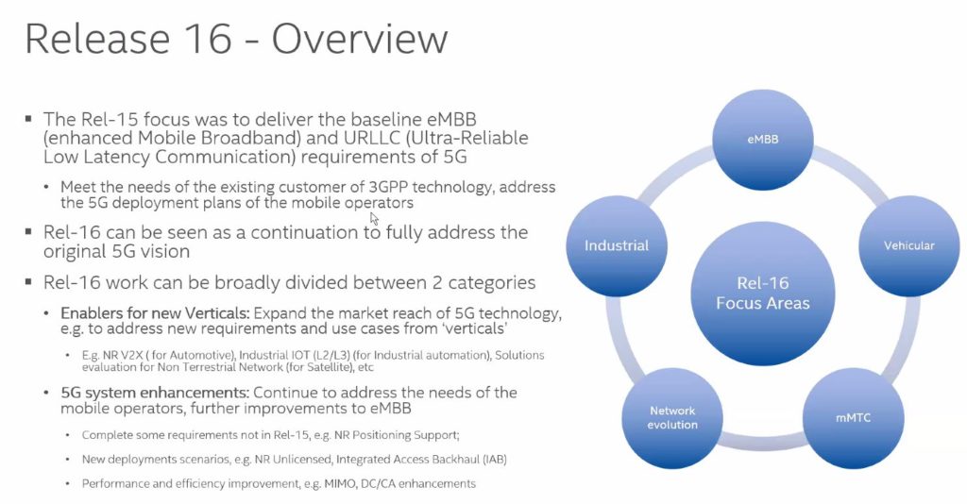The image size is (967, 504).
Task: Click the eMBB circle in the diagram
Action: click(x=763, y=140)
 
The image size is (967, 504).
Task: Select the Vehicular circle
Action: click(x=909, y=245)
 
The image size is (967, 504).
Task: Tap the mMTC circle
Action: click(x=854, y=418)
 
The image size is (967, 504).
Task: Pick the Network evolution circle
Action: click(x=672, y=418)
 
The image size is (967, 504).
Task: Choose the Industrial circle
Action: click(x=617, y=245)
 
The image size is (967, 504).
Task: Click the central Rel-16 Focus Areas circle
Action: click(x=763, y=294)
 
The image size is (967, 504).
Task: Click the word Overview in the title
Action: click(x=360, y=38)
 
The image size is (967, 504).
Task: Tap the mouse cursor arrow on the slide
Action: click(x=374, y=218)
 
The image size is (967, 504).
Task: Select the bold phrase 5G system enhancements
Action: click(x=155, y=393)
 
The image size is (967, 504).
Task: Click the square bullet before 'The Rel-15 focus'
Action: click(x=28, y=118)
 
